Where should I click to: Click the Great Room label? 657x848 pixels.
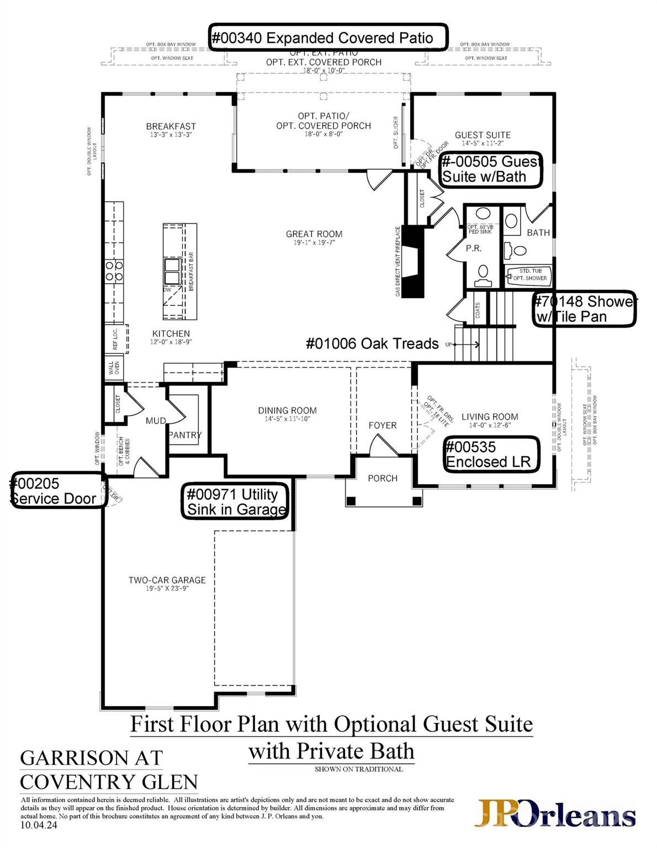tap(314, 234)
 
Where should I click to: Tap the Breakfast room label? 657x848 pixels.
tap(171, 126)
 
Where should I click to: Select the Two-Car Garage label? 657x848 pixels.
tap(167, 580)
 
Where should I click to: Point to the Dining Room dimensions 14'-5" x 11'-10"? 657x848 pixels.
tap(287, 419)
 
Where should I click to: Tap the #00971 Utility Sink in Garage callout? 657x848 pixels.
tap(236, 501)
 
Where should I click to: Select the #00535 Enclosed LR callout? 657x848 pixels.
tap(491, 454)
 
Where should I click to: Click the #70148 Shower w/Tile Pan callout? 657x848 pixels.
tap(584, 309)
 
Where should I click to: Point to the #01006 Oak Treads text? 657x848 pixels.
tap(372, 343)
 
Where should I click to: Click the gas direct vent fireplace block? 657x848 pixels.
tap(413, 262)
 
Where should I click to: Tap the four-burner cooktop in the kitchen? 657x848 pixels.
tap(114, 271)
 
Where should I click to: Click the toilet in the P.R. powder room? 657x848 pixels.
tap(483, 274)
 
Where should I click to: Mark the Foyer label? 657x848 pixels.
tap(382, 425)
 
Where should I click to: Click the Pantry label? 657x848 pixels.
tap(184, 435)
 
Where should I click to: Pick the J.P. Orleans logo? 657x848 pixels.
tap(556, 814)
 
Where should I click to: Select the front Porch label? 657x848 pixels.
tap(382, 478)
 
